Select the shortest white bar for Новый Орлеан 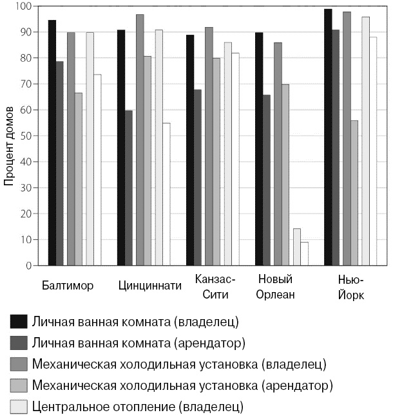(x=305, y=254)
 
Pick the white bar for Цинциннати (x=166, y=194)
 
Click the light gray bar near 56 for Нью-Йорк (x=354, y=192)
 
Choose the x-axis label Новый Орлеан (x=276, y=287)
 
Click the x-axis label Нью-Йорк (x=350, y=287)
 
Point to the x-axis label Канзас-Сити (x=215, y=287)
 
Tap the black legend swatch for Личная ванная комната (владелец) (x=18, y=321)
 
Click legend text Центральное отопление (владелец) (x=137, y=407)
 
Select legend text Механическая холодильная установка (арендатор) (x=182, y=385)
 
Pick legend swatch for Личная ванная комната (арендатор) (x=18, y=343)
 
